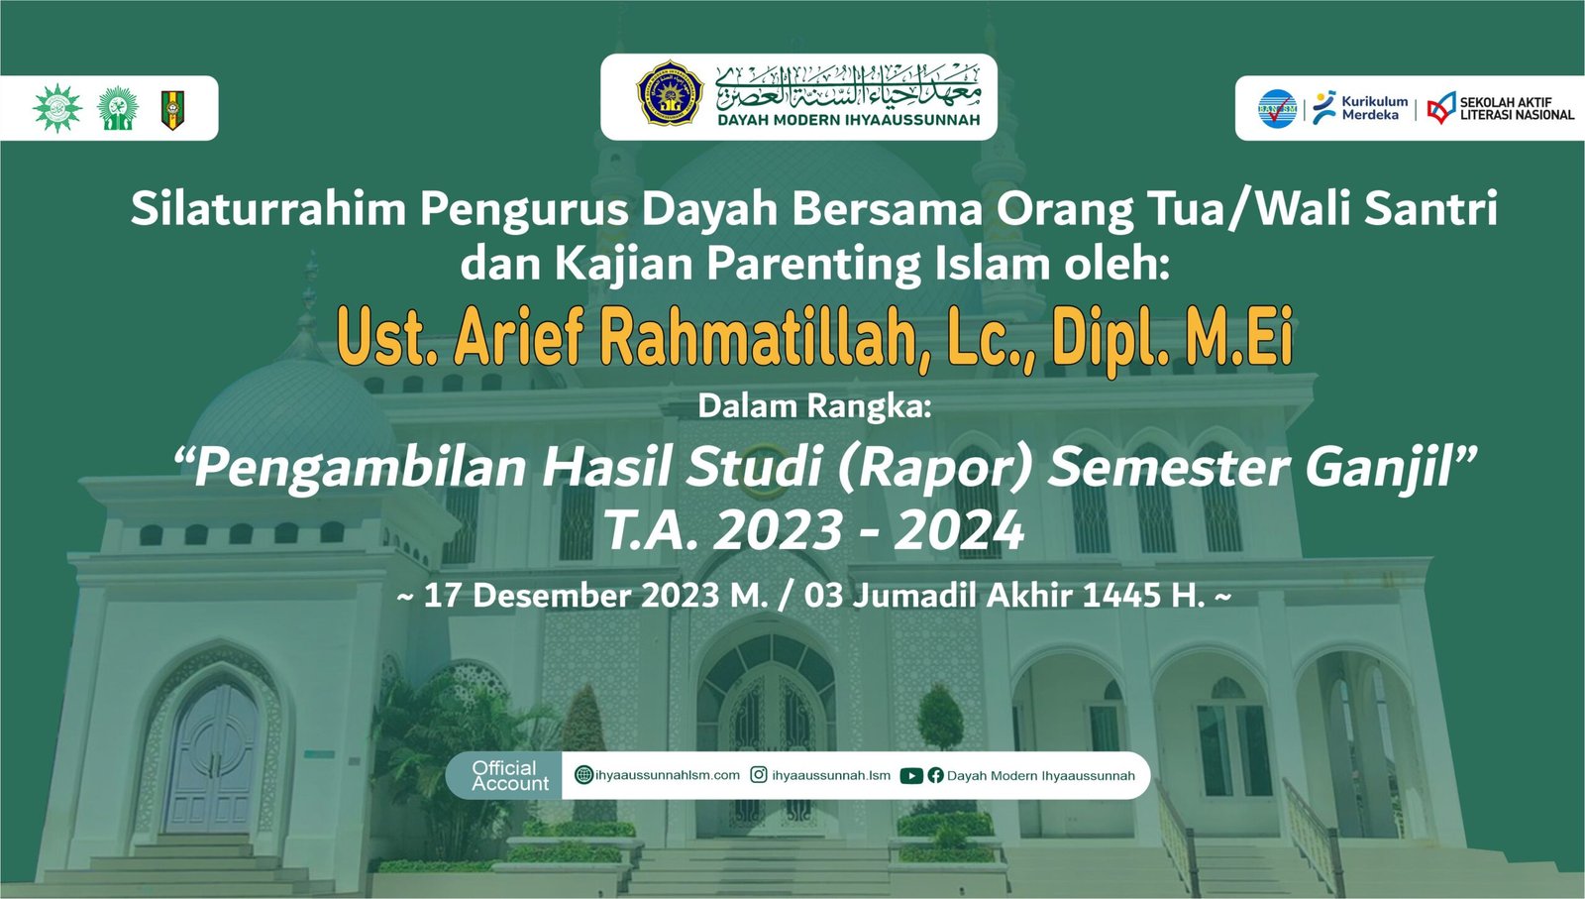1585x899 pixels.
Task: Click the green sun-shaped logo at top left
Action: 57,108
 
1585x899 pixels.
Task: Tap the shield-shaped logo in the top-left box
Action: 172,110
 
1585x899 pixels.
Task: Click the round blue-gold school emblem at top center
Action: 670,93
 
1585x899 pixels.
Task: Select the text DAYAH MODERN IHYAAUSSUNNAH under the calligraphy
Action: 848,120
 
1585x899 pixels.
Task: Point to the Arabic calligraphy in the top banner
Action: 848,85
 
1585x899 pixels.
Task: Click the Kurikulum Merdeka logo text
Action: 1374,108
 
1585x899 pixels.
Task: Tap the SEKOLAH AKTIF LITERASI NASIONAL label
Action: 1517,108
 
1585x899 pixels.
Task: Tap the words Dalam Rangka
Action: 814,406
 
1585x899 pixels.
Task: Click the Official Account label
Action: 510,776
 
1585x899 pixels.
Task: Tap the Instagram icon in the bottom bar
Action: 759,775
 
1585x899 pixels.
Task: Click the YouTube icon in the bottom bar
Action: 911,776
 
